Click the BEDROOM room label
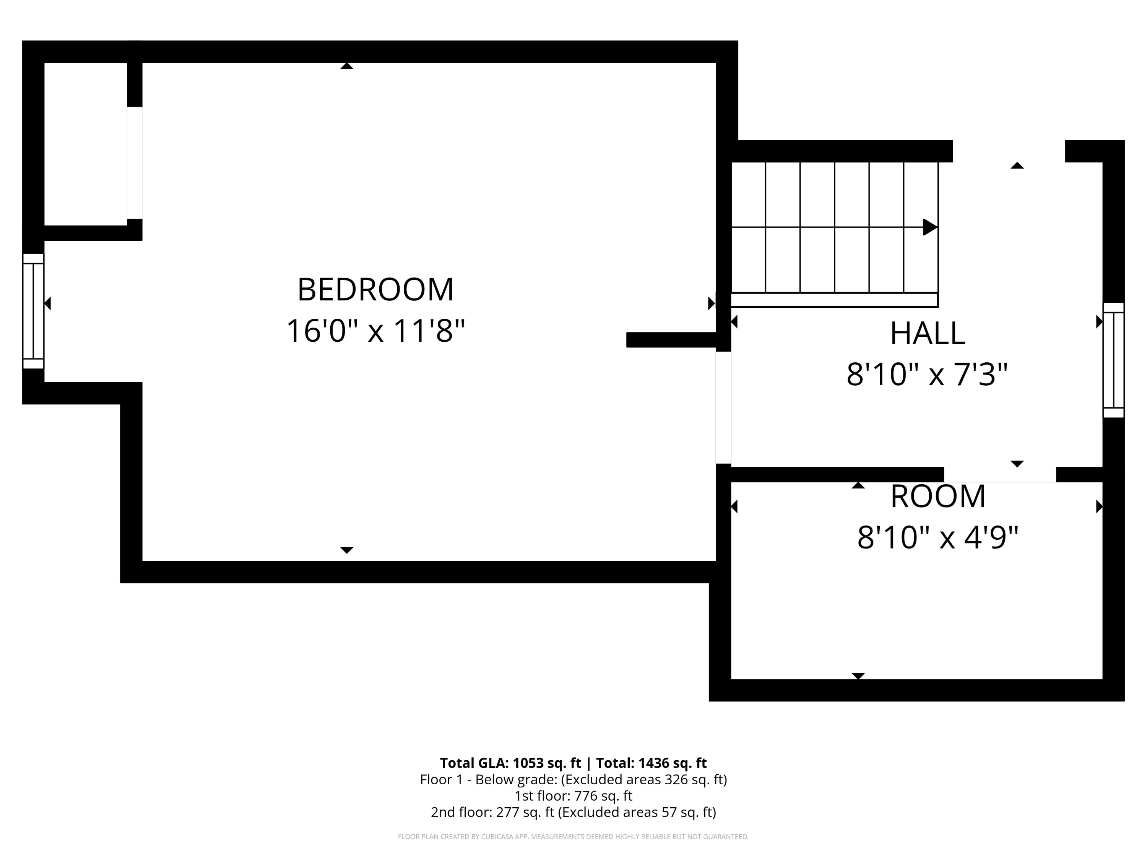pyautogui.click(x=375, y=289)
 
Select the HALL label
pyautogui.click(x=928, y=333)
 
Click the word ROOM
pyautogui.click(x=938, y=497)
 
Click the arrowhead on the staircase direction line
pyautogui.click(x=930, y=227)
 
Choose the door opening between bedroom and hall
pyautogui.click(x=723, y=407)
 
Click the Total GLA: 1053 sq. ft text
pyautogui.click(x=510, y=763)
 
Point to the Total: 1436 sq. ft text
pyautogui.click(x=651, y=763)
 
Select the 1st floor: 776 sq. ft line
pyautogui.click(x=573, y=796)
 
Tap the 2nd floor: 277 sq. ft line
pyautogui.click(x=573, y=812)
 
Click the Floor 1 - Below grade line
pyautogui.click(x=573, y=780)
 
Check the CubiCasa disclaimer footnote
pyautogui.click(x=573, y=837)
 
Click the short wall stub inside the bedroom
pyautogui.click(x=671, y=339)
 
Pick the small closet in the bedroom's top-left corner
pyautogui.click(x=86, y=144)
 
